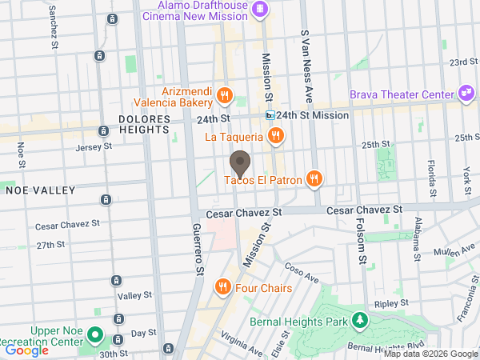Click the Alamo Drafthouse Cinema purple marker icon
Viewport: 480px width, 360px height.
259,10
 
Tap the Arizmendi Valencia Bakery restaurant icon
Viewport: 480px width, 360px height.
225,97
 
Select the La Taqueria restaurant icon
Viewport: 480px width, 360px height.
275,136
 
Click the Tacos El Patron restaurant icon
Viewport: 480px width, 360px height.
315,180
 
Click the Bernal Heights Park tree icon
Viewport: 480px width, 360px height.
361,322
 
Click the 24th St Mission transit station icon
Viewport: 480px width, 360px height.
271,115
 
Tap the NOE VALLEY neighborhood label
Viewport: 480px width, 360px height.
40,190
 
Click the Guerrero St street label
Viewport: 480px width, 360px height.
197,249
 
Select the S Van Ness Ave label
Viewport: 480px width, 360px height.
305,55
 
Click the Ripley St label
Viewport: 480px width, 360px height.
392,304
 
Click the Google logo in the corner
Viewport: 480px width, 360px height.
27,350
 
